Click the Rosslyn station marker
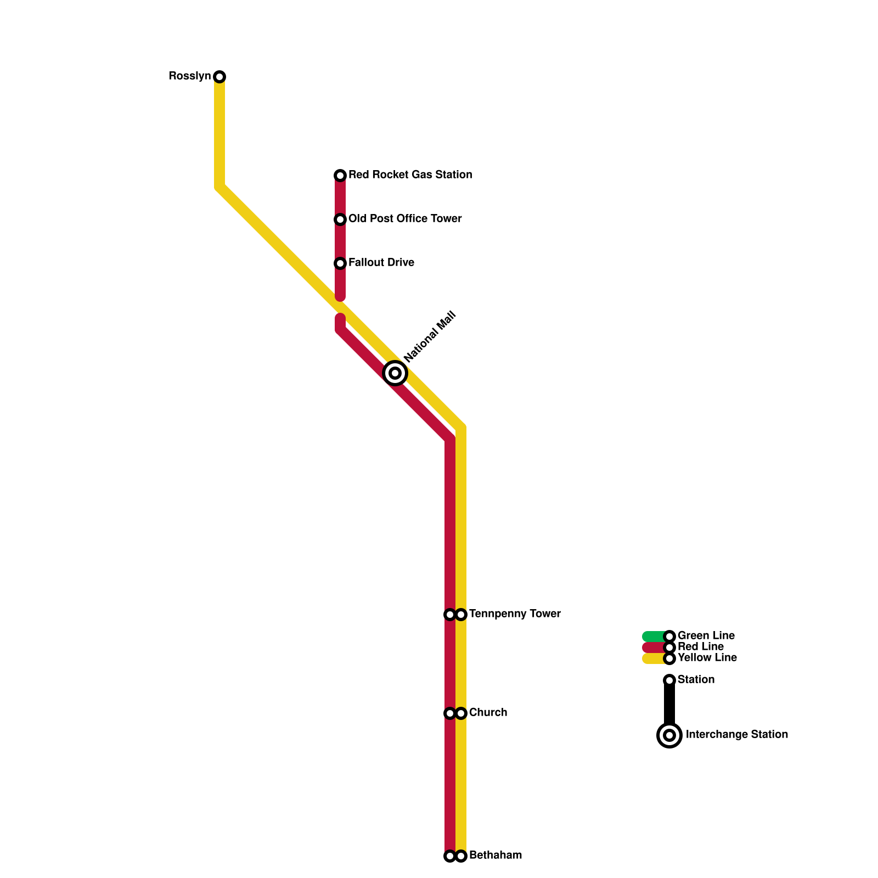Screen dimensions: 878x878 [x=219, y=77]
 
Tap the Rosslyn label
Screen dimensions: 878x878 [x=189, y=76]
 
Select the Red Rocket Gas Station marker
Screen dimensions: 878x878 [x=340, y=176]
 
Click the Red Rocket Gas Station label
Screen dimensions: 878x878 [x=410, y=175]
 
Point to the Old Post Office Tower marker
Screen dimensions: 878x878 [x=340, y=219]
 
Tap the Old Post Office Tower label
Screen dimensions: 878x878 [x=405, y=219]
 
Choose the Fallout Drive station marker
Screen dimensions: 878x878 [x=340, y=263]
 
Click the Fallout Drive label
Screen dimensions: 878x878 [x=381, y=263]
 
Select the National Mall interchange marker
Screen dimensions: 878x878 [x=395, y=373]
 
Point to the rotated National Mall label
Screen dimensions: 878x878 [x=430, y=336]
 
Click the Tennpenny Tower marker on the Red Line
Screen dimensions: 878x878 [x=450, y=615]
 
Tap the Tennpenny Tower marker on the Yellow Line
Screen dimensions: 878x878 [x=461, y=615]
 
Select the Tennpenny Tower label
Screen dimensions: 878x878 [x=515, y=614]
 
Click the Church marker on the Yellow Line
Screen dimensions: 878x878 [x=461, y=713]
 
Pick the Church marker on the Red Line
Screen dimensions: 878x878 [x=450, y=713]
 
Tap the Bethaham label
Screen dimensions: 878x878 [x=496, y=856]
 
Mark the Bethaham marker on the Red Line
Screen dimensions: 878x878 [x=450, y=856]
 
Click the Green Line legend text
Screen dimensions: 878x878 [x=706, y=636]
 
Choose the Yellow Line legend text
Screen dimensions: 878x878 [x=707, y=658]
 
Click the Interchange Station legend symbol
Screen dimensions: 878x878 [x=669, y=735]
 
